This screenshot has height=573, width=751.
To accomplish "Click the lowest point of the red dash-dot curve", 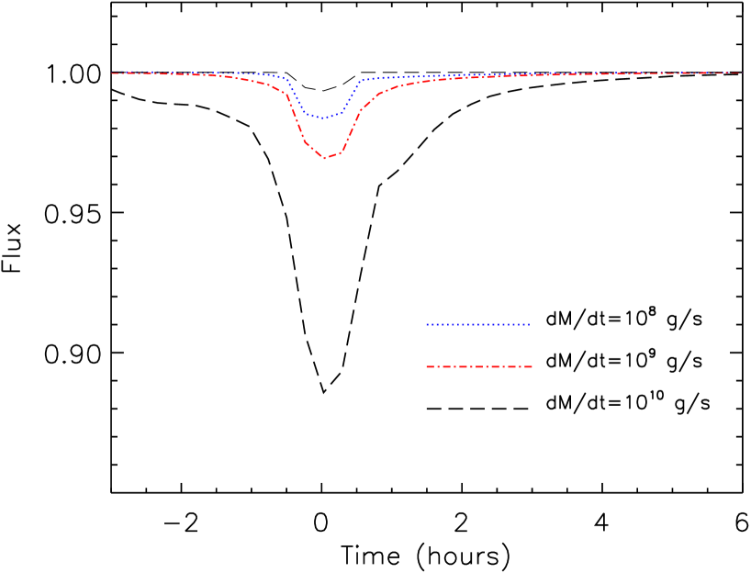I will [325, 158].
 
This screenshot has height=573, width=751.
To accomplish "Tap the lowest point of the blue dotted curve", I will [321, 118].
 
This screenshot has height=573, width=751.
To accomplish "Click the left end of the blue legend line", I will [427, 324].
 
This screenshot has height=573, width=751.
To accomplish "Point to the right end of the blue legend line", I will [530, 324].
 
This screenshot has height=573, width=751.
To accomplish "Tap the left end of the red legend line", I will [427, 366].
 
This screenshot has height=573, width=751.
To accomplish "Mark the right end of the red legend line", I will [532, 366].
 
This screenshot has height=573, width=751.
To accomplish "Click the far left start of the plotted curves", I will [113, 73].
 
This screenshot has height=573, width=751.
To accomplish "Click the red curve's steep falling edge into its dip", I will [298, 124].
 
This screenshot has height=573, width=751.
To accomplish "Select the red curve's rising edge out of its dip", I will [351, 129].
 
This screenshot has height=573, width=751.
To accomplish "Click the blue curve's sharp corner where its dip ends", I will [361, 81].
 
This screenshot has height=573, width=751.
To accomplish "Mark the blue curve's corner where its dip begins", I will [286, 79].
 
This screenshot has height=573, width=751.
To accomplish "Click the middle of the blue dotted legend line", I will [478, 324].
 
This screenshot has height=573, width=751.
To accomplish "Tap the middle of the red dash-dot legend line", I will [479, 366].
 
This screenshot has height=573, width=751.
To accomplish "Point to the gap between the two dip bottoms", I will [323, 138].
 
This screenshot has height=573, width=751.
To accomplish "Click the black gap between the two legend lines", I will [478, 345].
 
